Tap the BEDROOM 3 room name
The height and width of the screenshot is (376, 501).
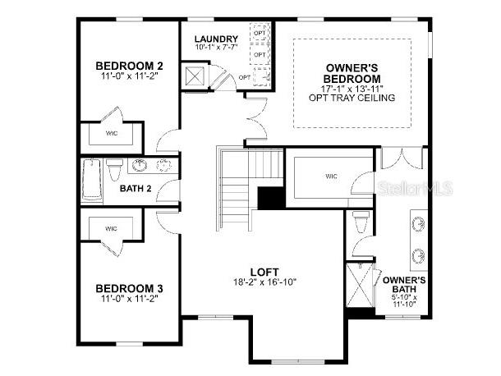(129, 288)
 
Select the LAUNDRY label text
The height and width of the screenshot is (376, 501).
(216, 39)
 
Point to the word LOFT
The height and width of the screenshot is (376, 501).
(264, 272)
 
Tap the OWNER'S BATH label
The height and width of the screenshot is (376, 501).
(404, 285)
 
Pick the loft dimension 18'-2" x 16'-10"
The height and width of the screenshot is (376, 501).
(264, 282)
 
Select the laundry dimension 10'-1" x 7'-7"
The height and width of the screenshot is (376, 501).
(217, 48)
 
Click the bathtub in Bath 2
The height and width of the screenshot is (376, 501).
(90, 180)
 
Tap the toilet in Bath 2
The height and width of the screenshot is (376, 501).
(115, 168)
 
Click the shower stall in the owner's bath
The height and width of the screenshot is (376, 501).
(361, 284)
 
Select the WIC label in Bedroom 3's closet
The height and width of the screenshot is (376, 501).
(111, 229)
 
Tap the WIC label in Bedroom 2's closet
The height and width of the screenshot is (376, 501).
(112, 132)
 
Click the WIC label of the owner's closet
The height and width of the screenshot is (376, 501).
(332, 177)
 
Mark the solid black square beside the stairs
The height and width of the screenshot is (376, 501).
(269, 199)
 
